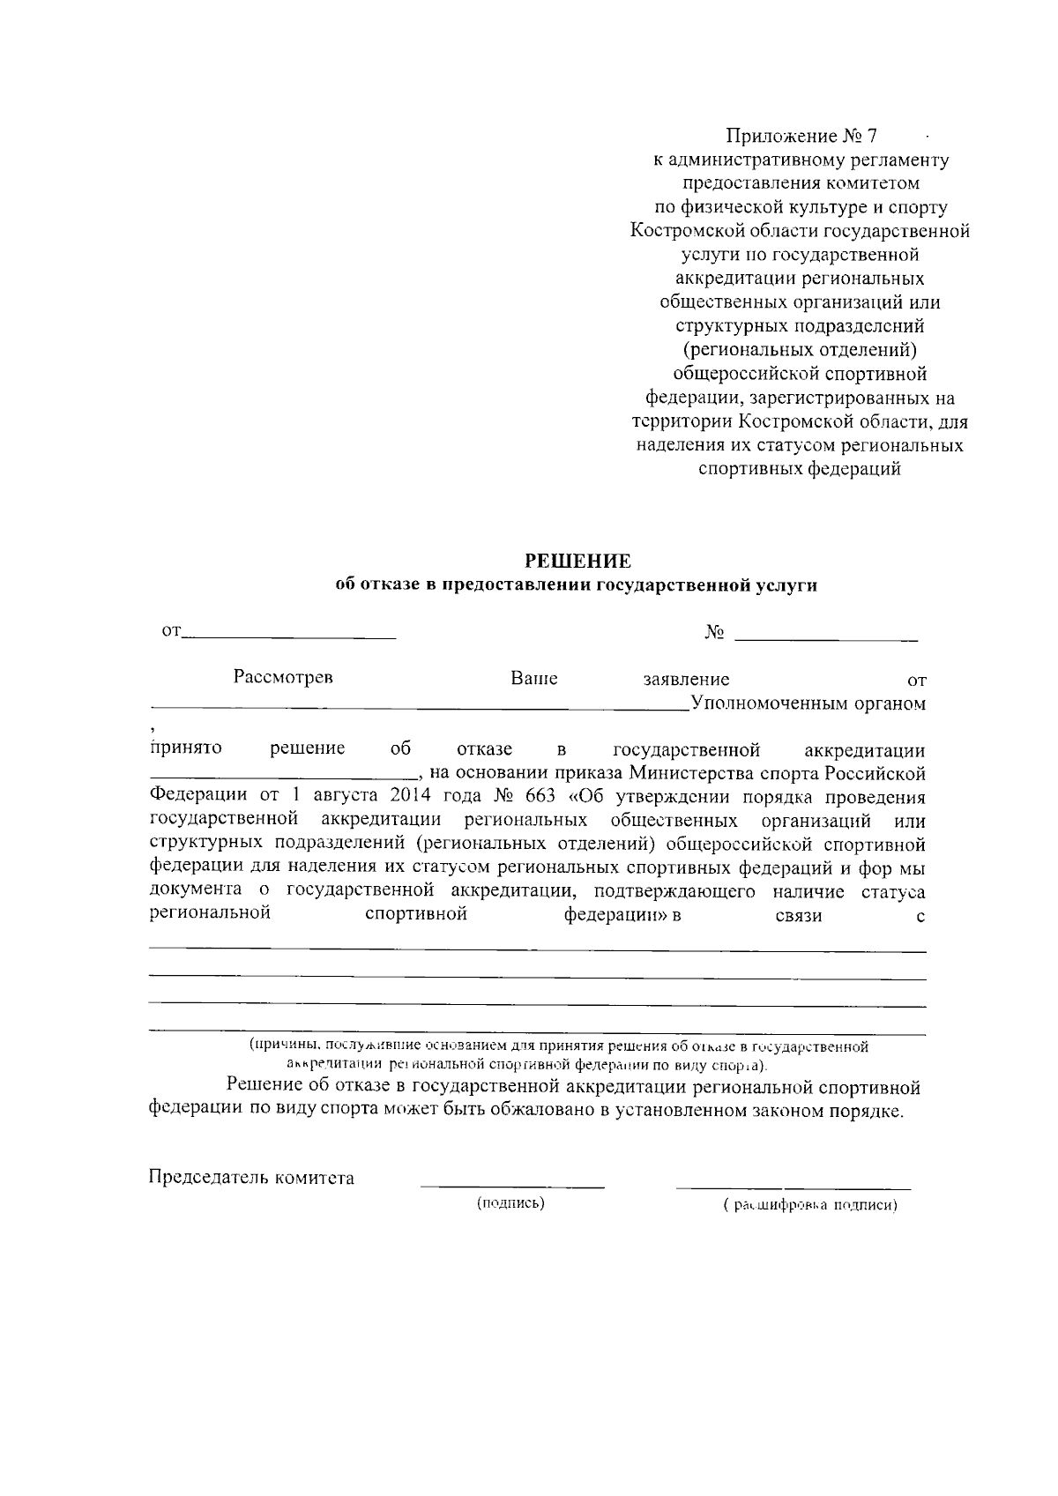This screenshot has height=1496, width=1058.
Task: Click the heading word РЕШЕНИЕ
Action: click(x=578, y=561)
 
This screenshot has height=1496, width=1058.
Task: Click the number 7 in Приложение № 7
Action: click(x=873, y=137)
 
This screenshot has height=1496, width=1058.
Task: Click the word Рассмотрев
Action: click(x=283, y=678)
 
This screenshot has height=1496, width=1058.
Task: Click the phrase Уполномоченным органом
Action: click(x=808, y=703)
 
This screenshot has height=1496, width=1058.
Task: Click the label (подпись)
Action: click(x=510, y=1203)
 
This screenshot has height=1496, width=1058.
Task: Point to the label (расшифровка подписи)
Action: click(x=808, y=1205)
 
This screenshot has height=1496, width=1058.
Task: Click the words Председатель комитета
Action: click(x=252, y=1178)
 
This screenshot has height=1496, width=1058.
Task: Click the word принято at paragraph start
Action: click(x=186, y=749)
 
